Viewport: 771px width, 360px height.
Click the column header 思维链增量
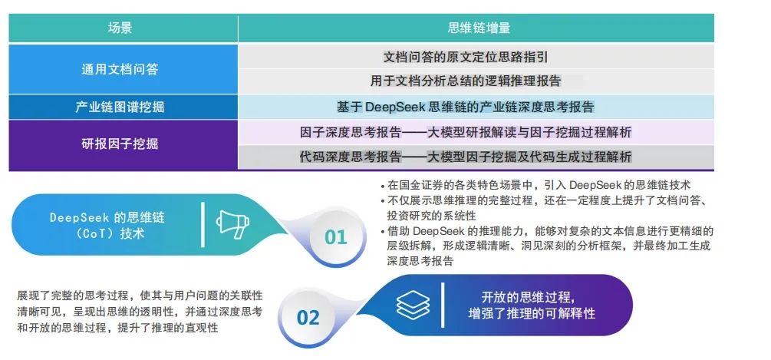pos(479,28)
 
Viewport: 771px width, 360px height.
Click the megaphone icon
pos(231,223)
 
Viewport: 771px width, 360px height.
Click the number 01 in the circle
pos(335,237)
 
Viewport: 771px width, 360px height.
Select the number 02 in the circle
pos(308,317)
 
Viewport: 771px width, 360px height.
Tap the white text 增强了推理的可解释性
pos(532,313)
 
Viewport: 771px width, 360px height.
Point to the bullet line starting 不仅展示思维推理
pos(548,200)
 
